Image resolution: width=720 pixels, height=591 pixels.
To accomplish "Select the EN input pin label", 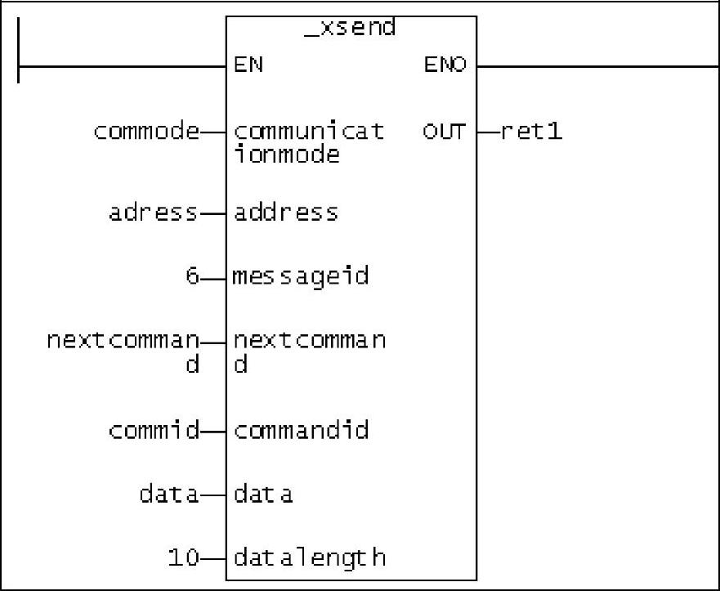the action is (248, 65).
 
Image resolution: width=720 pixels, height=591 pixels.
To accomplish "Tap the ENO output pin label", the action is (445, 65).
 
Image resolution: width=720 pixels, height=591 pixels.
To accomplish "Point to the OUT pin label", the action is (444, 131).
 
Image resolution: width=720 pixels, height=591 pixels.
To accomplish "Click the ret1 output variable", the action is (531, 131).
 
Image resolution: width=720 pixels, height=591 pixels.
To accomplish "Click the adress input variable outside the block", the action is (154, 213).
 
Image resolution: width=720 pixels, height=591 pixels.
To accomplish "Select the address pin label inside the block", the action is (286, 213).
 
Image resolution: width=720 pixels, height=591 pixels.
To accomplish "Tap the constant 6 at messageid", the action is (192, 276).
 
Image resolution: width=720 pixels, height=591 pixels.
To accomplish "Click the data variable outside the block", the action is (169, 495).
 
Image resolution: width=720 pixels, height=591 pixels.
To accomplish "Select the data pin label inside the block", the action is (263, 495).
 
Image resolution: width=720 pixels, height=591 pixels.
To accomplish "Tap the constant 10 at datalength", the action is (184, 558).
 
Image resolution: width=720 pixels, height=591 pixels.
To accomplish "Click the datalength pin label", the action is (310, 558).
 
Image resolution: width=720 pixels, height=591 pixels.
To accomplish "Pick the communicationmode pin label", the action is (309, 142).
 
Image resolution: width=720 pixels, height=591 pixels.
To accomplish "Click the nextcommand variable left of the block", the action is (123, 351).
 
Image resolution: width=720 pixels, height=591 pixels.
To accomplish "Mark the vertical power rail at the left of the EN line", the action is (18, 49).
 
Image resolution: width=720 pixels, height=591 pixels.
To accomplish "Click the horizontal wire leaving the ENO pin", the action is (597, 66).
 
